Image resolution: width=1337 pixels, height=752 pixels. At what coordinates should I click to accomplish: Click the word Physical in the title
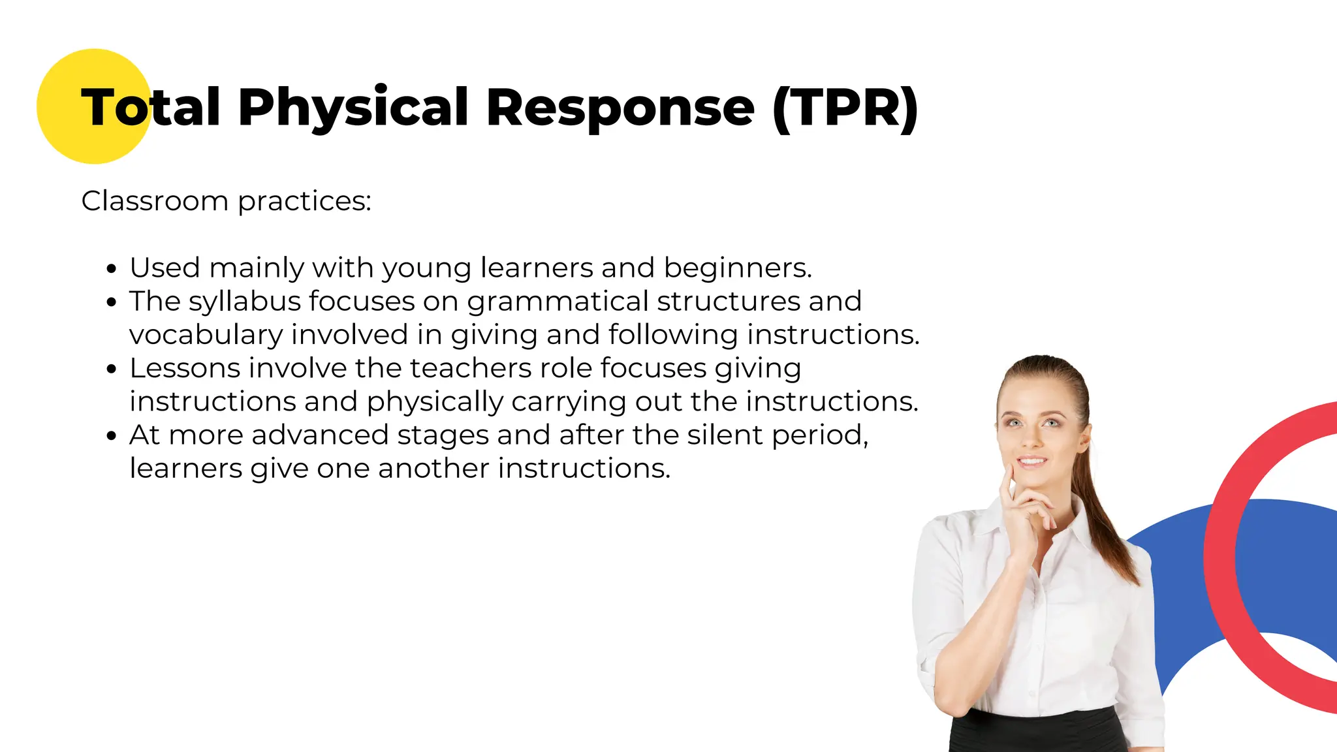[x=353, y=108]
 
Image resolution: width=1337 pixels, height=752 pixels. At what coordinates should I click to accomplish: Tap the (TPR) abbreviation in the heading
[x=845, y=108]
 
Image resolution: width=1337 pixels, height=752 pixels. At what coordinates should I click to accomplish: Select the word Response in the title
[x=620, y=108]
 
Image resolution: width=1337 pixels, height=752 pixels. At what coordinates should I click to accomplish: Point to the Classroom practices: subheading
[x=226, y=201]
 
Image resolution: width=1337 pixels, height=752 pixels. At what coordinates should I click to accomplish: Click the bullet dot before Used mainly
[x=112, y=269]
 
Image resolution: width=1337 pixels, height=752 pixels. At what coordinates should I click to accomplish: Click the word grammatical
[x=558, y=302]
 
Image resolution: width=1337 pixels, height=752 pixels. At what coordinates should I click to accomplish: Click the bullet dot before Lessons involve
[x=112, y=369]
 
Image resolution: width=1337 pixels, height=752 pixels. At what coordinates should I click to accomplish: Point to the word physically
[x=435, y=402]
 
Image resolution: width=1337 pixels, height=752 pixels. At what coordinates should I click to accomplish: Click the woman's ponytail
[x=1110, y=522]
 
